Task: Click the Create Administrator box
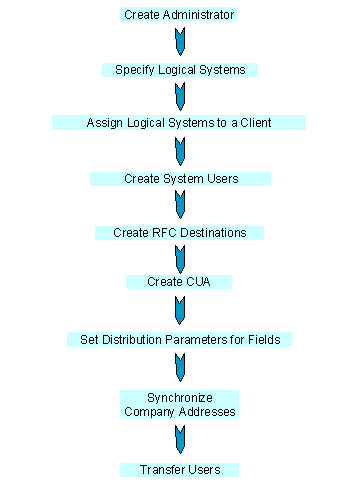point(180,16)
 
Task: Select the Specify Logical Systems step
point(180,70)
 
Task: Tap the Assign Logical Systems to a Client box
point(179,123)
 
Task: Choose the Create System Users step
point(180,179)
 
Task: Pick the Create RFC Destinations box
point(180,233)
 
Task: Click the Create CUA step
point(179,282)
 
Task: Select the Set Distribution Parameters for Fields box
point(180,339)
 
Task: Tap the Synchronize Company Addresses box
point(180,404)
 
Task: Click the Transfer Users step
point(180,469)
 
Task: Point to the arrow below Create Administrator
point(180,42)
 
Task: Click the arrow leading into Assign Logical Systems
point(180,96)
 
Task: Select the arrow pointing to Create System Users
point(180,151)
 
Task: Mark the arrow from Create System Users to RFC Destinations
point(180,205)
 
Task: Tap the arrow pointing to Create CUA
point(180,257)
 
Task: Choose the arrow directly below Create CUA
point(180,310)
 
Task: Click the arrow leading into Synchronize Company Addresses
point(180,367)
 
